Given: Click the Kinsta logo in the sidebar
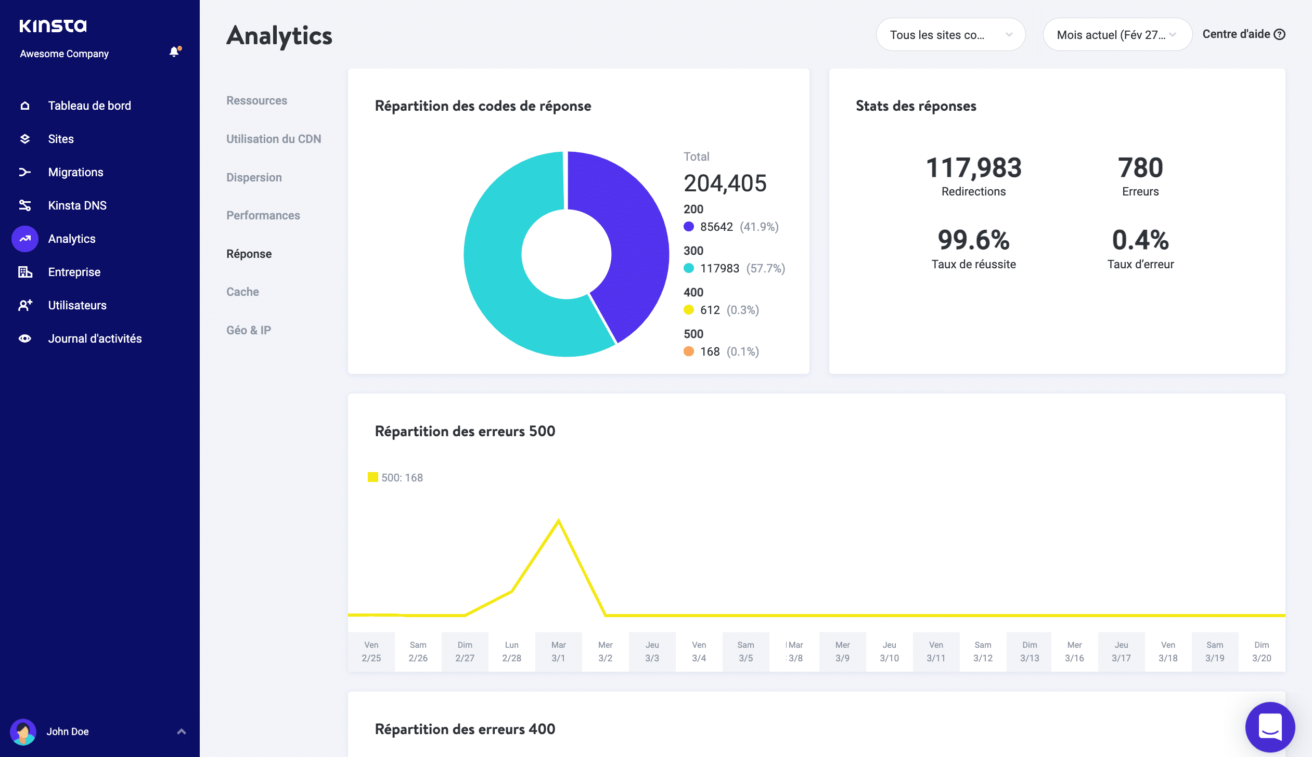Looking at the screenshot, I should tap(53, 25).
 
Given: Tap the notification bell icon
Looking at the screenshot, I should tap(174, 51).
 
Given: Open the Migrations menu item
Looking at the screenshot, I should tap(75, 172).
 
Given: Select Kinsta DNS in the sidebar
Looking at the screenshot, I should tap(77, 205).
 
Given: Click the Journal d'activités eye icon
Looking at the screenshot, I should tap(25, 338).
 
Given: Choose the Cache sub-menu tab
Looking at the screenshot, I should tap(242, 292).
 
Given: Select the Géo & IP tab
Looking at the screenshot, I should tap(249, 330).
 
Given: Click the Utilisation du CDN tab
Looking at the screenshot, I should tap(274, 139).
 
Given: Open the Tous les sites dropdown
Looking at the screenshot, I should tap(950, 35).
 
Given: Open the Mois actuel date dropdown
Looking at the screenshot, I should tap(1117, 35).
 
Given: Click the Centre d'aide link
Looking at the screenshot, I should tap(1243, 34).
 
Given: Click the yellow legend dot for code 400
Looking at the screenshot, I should tap(689, 310).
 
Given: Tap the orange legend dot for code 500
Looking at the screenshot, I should tap(689, 351).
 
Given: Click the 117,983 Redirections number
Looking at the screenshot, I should tap(973, 168).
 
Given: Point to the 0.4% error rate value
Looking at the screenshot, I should tap(1140, 240).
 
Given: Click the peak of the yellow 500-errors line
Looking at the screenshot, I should tap(559, 521).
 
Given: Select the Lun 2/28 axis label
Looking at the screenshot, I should tap(511, 651).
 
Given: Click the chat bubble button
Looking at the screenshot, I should tap(1270, 726).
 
